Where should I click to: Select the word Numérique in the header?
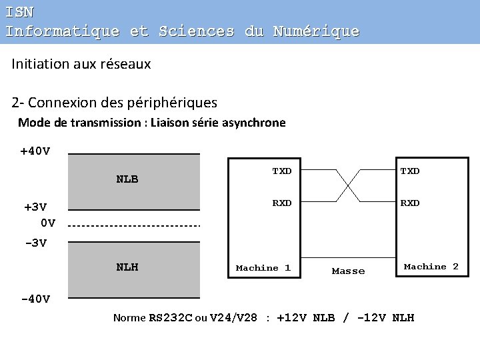tap(316, 31)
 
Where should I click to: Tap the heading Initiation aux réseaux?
tap(81, 64)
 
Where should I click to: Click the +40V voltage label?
tap(35, 151)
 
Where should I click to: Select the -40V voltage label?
tap(35, 299)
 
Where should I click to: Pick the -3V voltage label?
tap(35, 243)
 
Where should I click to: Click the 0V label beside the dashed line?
tap(47, 223)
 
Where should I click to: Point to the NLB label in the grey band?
tap(127, 179)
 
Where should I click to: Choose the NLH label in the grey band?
tap(127, 267)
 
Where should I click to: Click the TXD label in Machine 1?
tap(281, 171)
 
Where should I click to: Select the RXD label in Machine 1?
tap(281, 203)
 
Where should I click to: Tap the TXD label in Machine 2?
tap(409, 171)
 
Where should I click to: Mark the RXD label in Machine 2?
tap(409, 203)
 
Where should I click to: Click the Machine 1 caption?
tap(263, 268)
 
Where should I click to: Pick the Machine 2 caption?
tap(431, 267)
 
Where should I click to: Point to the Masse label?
tap(348, 271)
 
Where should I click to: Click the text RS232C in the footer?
tap(170, 318)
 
